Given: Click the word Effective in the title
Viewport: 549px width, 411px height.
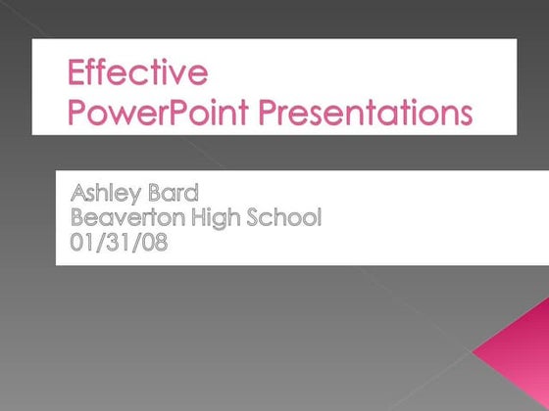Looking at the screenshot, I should [x=137, y=74].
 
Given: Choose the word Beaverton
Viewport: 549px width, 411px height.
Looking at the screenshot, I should [x=128, y=217].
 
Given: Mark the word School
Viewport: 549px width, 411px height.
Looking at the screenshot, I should [x=285, y=217].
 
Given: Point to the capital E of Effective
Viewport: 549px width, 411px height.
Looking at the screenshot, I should [x=76, y=74].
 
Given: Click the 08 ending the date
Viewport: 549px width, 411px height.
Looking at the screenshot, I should [x=153, y=242].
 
